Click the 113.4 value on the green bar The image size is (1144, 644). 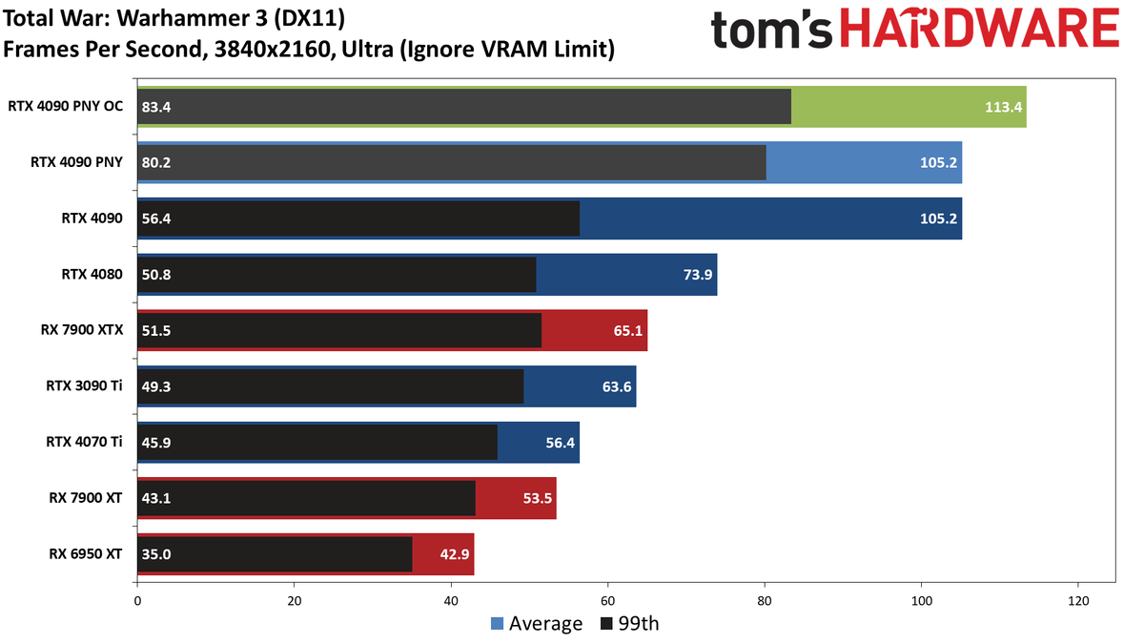pos(1003,107)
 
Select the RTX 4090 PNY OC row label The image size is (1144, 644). pos(66,106)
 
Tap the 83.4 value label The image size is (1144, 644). pos(156,107)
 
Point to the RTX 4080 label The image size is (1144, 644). pos(92,275)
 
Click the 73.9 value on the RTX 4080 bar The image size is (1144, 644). pos(698,275)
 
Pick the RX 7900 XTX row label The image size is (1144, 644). pos(82,330)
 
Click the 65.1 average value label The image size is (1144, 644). pos(628,331)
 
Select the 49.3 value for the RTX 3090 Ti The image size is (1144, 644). pos(156,386)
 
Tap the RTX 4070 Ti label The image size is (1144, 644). pos(84,442)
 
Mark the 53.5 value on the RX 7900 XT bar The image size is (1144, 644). pos(538,498)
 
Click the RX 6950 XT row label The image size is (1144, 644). pos(85,554)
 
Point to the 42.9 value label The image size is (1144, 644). pos(455,554)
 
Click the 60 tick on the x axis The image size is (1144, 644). pos(608,601)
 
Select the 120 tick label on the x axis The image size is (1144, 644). pos(1078,601)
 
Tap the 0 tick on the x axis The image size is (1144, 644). pos(137,601)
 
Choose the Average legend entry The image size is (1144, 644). pos(536,624)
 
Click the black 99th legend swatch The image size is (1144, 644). pos(606,624)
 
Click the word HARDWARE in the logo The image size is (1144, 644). pos(980,28)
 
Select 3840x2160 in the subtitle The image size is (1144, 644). pos(274,50)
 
